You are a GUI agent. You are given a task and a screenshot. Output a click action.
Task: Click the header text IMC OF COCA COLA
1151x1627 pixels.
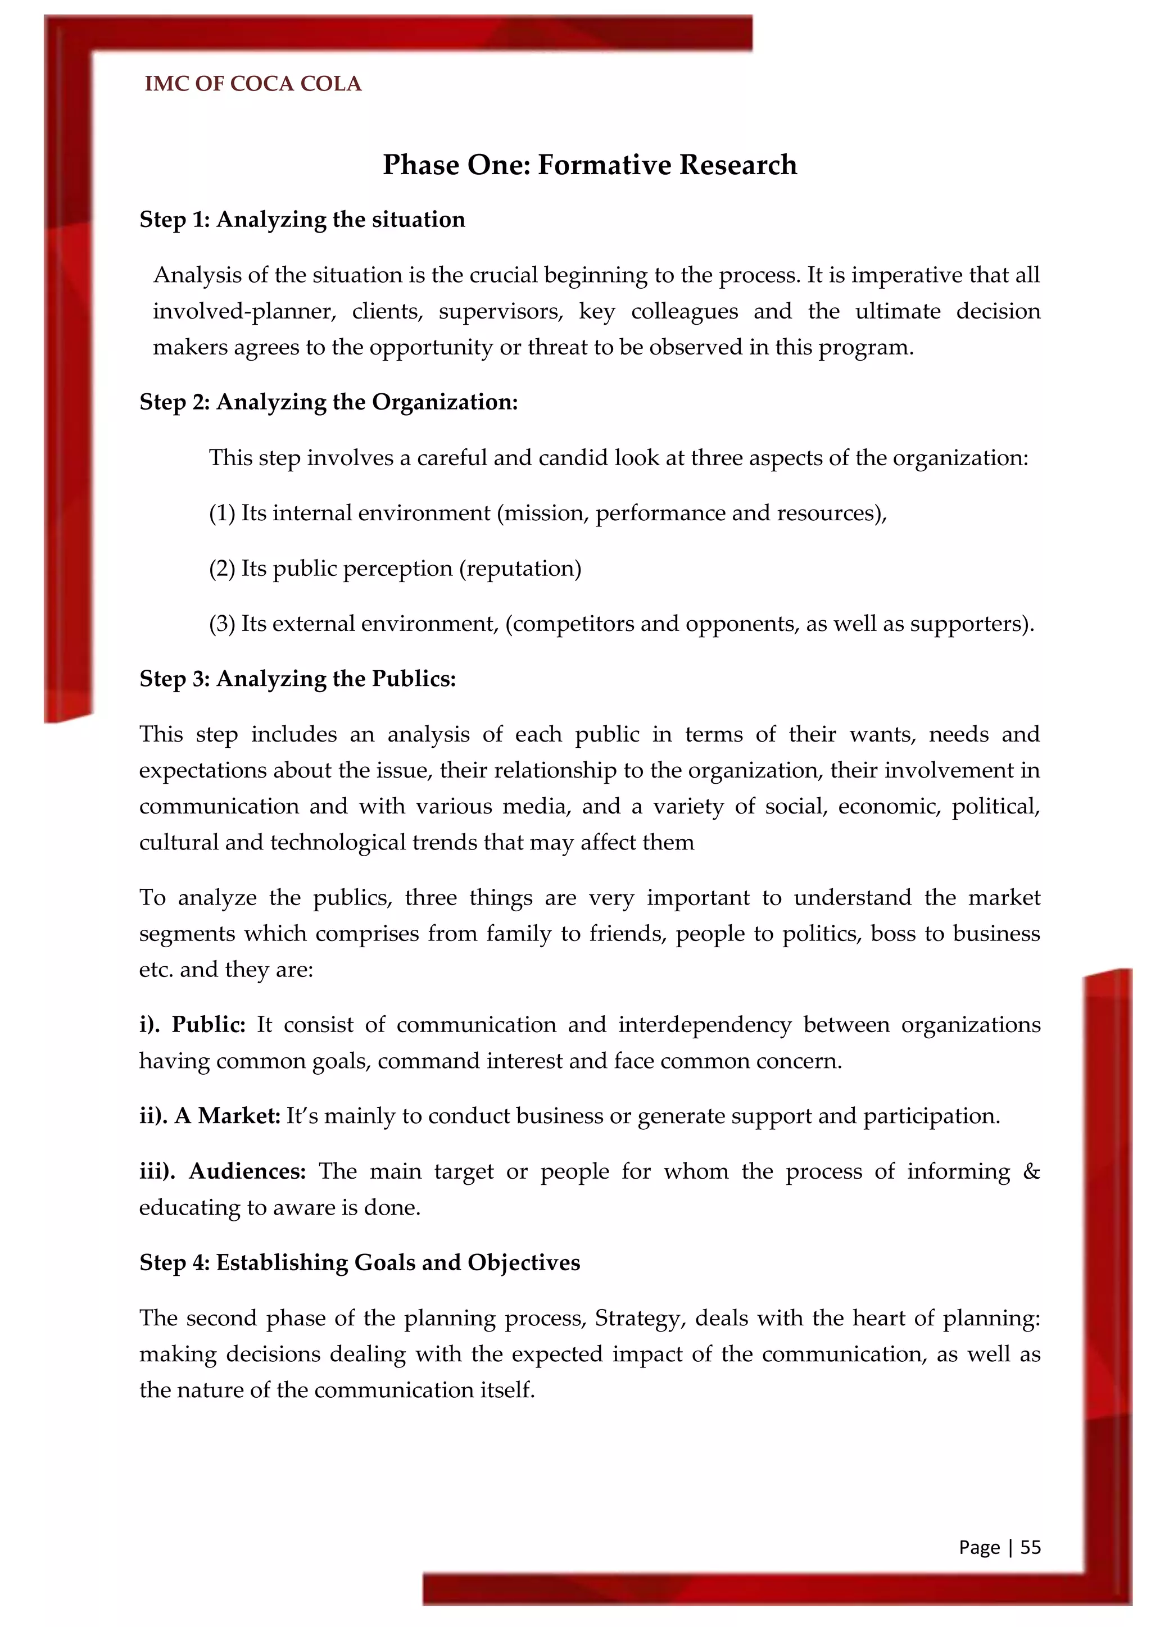coord(252,84)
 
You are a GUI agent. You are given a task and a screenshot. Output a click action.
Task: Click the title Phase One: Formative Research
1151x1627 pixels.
coord(590,165)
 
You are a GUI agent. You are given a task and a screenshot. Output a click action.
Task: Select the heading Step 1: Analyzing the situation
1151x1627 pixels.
coord(302,220)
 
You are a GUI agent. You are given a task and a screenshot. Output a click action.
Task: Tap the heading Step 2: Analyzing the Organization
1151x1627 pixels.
coord(328,402)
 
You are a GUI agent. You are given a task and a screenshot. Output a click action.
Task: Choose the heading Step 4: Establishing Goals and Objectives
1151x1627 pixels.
coord(359,1262)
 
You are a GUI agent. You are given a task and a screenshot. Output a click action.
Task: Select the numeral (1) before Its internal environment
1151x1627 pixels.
coord(222,513)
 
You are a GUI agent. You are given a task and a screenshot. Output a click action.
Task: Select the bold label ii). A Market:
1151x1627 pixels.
coord(210,1116)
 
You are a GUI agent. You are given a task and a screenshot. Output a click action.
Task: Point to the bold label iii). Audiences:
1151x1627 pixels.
coord(222,1171)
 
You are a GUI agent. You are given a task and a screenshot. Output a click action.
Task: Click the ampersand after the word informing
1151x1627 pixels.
coord(1031,1171)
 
